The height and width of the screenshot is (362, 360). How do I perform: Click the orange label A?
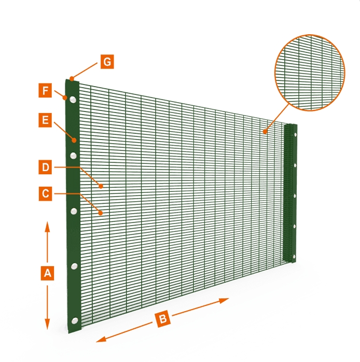[x=47, y=273]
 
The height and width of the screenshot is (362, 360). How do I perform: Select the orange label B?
[x=162, y=320]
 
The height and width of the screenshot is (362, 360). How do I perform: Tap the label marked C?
[x=45, y=194]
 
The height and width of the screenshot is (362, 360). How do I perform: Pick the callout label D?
[x=45, y=168]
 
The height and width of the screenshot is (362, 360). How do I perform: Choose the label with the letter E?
[x=45, y=121]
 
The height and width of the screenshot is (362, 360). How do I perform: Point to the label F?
[x=45, y=92]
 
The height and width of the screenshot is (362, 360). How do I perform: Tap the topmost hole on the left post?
[x=73, y=100]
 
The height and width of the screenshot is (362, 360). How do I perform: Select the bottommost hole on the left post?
[x=75, y=320]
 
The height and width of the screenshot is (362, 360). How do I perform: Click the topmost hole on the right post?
[x=296, y=135]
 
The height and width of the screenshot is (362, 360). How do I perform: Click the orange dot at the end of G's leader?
[x=71, y=79]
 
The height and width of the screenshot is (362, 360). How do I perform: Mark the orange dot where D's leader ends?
[x=101, y=185]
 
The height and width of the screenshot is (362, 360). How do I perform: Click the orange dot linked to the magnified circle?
[x=265, y=132]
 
